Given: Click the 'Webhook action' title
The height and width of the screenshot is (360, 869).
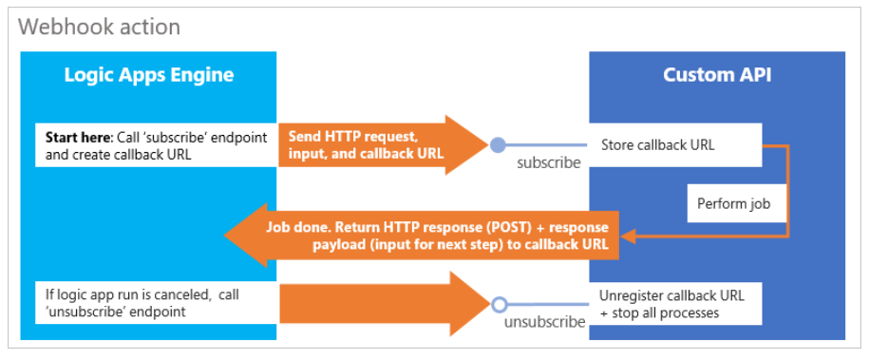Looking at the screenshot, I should coord(99,27).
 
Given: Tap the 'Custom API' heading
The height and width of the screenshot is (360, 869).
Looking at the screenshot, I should coord(716,75).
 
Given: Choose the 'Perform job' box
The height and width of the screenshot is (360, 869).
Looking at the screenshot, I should coord(736,203).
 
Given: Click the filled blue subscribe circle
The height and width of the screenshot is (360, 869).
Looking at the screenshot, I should coord(498,145).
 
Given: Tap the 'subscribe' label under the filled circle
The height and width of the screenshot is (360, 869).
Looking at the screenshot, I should coord(548,162).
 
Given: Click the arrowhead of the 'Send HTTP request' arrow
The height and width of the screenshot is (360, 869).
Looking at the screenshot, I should coord(466,145).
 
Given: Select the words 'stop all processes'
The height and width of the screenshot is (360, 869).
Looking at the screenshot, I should coord(678,313).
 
